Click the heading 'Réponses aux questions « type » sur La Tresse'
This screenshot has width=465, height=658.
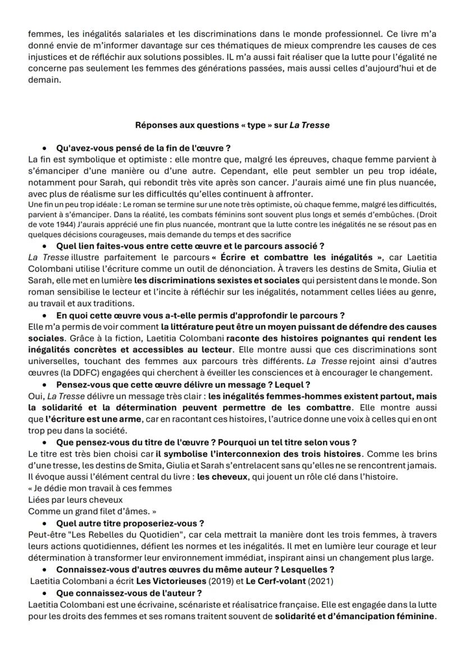point(232,125)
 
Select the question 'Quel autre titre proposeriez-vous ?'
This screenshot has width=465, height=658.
point(130,523)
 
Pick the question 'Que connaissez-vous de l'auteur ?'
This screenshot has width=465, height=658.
point(129,593)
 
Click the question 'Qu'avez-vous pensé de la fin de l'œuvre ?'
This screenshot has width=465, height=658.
point(144,149)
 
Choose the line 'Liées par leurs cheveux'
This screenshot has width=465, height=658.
point(75,500)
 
